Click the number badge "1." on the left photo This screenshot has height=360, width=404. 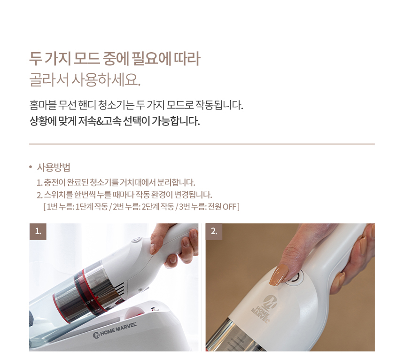pos(38,231)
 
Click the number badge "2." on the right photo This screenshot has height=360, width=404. pos(214,231)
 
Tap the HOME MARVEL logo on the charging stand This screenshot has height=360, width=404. pos(115,330)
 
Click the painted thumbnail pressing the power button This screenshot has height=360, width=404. pos(278,275)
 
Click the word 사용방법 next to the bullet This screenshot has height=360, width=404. pos(54,167)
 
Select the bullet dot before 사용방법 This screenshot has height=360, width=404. pos(31,167)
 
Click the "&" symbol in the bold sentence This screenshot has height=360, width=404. pos(99,121)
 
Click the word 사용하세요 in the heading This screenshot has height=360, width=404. pos(106,79)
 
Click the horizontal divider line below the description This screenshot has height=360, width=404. pos(202,144)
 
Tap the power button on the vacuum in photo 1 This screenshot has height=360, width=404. pos(136,240)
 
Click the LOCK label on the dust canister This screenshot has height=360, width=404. pos(87,303)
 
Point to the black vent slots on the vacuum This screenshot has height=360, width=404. pos(121,289)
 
